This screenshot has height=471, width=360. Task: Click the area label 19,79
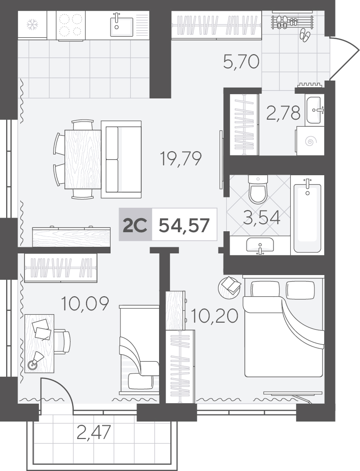[x=181, y=158]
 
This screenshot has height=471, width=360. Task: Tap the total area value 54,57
[x=184, y=225]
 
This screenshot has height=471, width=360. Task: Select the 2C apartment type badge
[x=136, y=225]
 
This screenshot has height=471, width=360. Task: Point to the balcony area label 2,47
[x=94, y=432]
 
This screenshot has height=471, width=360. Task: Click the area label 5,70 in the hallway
[x=241, y=62]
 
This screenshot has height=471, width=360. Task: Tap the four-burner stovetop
[x=71, y=25]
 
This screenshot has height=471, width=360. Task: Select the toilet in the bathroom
[x=257, y=189]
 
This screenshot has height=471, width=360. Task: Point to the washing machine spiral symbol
[x=310, y=141]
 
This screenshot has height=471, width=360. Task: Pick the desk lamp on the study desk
[x=35, y=360]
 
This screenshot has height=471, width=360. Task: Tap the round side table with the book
[x=229, y=287]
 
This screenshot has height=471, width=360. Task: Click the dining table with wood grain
[x=82, y=159]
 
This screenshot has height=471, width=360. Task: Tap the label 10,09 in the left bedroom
[x=85, y=304]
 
